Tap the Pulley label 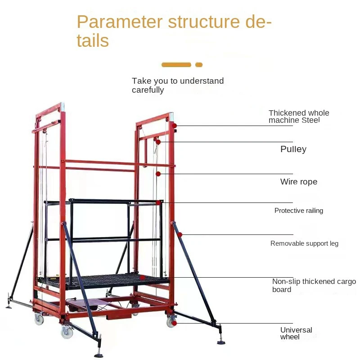tap(293, 149)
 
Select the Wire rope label tap(298, 182)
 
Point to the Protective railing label tap(298, 211)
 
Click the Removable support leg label tap(304, 243)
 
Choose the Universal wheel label tap(296, 333)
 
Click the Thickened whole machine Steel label tap(299, 117)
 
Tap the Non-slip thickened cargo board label tap(314, 285)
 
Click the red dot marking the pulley tap(158, 142)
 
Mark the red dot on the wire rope tap(158, 174)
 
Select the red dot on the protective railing tap(158, 203)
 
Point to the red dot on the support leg tap(180, 234)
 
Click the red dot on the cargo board tap(142, 278)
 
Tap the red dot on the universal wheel tap(174, 323)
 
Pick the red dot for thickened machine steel tap(174, 126)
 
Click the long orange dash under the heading tap(176, 65)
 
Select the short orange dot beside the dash tap(199, 65)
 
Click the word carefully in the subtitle tap(148, 90)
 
